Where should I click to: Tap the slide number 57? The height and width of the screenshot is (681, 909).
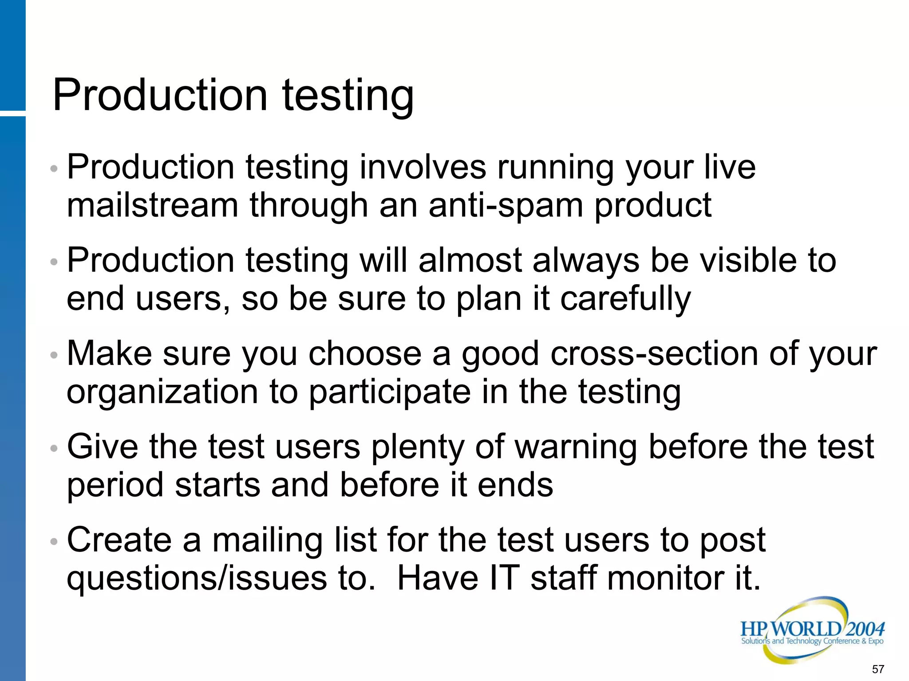pyautogui.click(x=878, y=669)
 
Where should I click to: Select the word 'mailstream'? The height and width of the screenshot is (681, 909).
pyautogui.click(x=152, y=206)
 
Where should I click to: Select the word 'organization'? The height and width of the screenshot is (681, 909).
pyautogui.click(x=162, y=393)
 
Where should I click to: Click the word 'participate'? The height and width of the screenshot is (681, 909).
pyautogui.click(x=389, y=393)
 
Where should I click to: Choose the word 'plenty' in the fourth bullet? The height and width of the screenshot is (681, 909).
pyautogui.click(x=418, y=448)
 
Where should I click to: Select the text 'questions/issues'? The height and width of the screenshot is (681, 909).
pyautogui.click(x=197, y=579)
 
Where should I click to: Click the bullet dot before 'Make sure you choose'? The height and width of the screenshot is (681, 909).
pyautogui.click(x=54, y=355)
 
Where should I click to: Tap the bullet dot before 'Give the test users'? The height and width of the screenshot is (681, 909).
pyautogui.click(x=54, y=448)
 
